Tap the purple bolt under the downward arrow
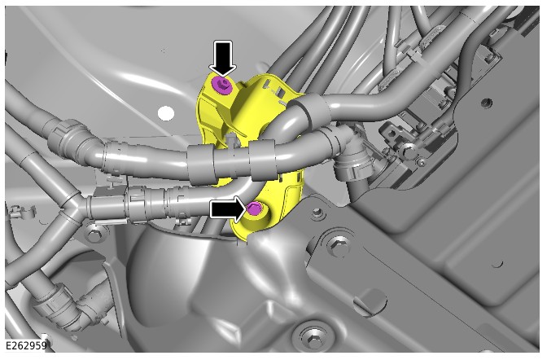coord(222,86)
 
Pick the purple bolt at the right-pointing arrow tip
coord(254,209)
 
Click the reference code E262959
coord(27,345)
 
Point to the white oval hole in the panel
coord(166,113)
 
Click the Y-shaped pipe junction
coord(73,206)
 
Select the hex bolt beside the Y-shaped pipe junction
coord(94,235)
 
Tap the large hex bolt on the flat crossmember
coord(337,245)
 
